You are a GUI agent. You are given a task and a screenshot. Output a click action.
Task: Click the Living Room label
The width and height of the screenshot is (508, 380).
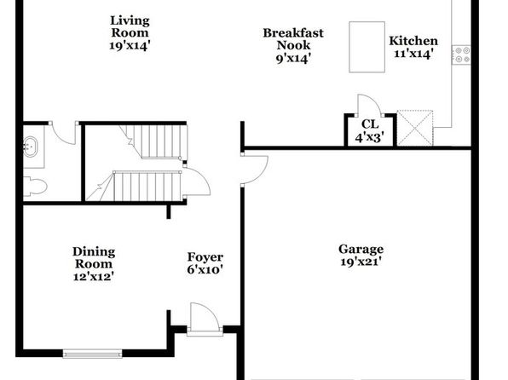(130, 26)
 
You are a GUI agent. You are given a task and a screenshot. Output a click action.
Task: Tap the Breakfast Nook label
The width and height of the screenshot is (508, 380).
(293, 39)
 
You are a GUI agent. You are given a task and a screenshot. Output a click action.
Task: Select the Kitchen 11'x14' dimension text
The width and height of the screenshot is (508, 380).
(413, 54)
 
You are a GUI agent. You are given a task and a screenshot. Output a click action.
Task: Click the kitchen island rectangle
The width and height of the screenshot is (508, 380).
(367, 47)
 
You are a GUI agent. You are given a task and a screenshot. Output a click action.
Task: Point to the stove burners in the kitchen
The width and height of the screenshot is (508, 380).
(461, 55)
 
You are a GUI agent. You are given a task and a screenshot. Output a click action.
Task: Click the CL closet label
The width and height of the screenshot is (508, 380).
(370, 124)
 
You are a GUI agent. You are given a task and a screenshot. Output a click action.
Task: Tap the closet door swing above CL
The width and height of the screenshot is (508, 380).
(370, 105)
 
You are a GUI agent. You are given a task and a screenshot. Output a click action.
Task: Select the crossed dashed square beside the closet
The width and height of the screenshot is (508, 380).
(415, 128)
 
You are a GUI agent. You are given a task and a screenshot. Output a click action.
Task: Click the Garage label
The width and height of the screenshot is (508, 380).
(361, 249)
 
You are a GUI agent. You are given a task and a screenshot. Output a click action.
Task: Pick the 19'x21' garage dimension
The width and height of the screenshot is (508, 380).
(360, 262)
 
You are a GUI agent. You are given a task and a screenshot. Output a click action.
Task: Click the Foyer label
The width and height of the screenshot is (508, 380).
(205, 257)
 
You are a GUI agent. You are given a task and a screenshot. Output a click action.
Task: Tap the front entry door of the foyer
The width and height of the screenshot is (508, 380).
(205, 318)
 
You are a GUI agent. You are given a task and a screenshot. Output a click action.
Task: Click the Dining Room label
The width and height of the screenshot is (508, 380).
(94, 257)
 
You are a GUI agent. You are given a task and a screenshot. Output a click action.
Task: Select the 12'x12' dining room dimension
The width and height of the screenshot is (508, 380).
(93, 277)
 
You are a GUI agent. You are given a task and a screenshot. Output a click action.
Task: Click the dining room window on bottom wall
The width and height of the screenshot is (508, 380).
(92, 354)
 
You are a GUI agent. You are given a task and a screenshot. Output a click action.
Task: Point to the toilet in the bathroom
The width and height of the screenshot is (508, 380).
(35, 187)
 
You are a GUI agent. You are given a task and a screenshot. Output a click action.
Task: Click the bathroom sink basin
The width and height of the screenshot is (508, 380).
(30, 147)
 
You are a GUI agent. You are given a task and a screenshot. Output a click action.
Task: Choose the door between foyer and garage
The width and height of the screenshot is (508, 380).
(254, 170)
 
